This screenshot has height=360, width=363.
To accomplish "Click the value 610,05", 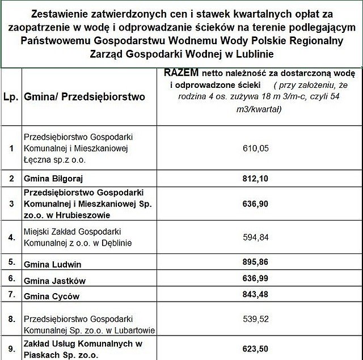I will point(256,149).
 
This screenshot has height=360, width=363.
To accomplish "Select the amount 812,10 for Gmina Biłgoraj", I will point(256,178).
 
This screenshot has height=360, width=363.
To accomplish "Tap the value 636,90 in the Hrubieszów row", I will point(256,204).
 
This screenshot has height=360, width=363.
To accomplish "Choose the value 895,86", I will point(256,264).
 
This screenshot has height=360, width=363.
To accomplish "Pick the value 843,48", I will point(256,295).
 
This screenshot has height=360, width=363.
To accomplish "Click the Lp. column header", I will point(11,96).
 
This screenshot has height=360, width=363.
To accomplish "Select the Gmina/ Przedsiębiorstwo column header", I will point(85,96).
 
